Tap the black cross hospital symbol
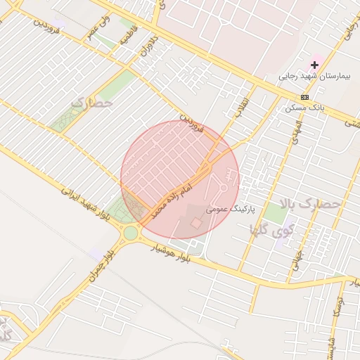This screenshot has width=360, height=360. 314,65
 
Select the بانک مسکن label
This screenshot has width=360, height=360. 303,108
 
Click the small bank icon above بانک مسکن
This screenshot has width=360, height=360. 304,97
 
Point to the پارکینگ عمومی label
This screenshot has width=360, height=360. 231,210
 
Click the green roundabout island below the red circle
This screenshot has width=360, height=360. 131,233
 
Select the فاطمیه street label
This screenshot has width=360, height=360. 127,35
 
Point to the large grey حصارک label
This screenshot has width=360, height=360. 92,103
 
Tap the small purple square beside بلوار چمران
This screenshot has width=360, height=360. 96,252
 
